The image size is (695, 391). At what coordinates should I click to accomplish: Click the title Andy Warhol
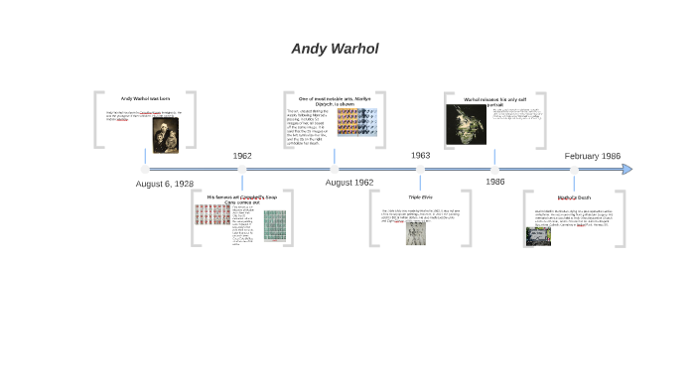[335, 49]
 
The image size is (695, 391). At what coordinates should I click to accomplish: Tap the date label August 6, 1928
[165, 184]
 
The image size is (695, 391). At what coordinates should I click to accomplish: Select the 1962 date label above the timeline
[242, 156]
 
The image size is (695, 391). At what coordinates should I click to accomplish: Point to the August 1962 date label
[349, 183]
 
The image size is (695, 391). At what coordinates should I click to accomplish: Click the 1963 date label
[420, 156]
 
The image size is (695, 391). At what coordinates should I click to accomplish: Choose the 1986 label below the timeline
[494, 182]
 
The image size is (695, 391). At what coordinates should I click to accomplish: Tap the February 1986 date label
[592, 156]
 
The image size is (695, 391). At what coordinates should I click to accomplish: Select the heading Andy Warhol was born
[145, 98]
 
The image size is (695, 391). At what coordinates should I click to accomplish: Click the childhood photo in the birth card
[165, 135]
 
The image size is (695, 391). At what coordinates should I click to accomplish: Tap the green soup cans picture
[274, 226]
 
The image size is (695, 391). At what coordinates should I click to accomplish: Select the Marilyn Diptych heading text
[335, 101]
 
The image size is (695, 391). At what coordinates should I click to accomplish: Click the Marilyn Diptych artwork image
[356, 122]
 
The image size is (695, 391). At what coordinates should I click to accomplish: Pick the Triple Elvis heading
[420, 197]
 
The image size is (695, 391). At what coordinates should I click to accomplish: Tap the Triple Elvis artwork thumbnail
[416, 233]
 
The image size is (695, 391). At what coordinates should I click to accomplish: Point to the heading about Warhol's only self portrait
[493, 100]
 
